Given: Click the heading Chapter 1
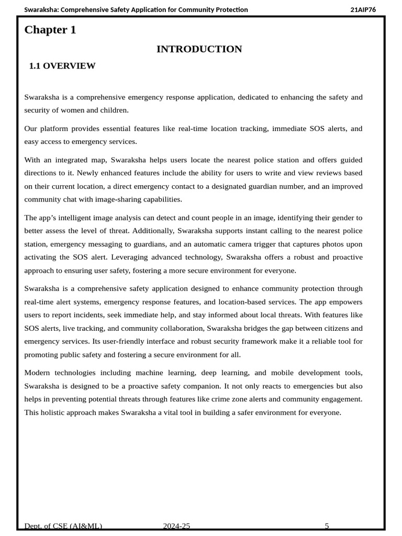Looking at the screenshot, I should pos(50,30).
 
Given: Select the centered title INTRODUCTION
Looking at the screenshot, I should pos(199,49).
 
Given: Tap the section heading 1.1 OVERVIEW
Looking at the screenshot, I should pos(62,66).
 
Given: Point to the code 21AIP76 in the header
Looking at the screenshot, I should pos(363,9).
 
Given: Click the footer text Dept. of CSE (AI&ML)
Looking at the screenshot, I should pos(63,526).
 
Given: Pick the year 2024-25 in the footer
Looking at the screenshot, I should pos(176,526).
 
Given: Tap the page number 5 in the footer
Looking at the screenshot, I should pos(327,526).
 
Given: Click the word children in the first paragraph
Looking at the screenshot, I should pos(111,110).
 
